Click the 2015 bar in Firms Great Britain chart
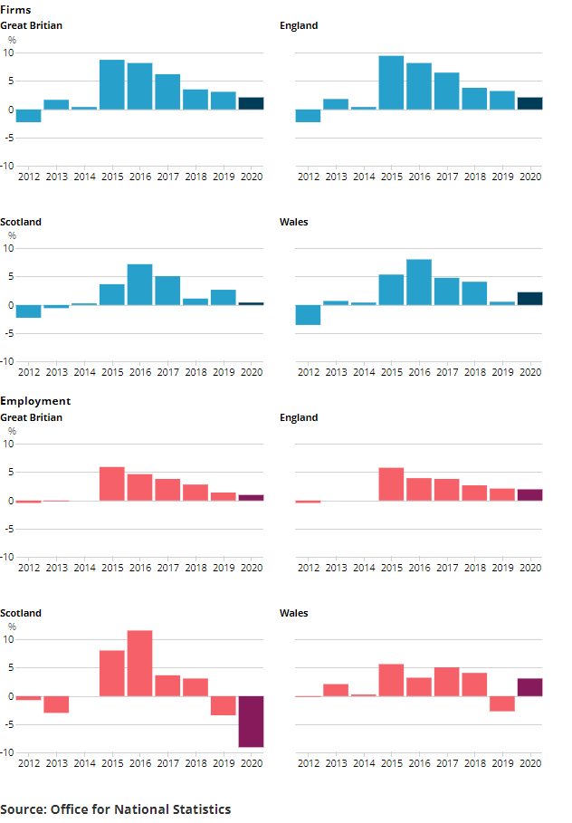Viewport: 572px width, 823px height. (x=111, y=85)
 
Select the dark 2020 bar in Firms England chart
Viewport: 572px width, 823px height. (x=530, y=103)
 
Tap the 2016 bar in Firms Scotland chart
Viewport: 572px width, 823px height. (x=139, y=284)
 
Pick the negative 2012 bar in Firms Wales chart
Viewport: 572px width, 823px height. (x=308, y=315)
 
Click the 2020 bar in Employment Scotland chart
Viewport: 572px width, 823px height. (x=251, y=722)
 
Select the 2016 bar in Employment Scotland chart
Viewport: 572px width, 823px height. (x=139, y=664)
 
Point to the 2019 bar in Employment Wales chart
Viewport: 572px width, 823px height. (x=502, y=703)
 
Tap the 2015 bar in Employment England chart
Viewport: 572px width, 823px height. (x=391, y=484)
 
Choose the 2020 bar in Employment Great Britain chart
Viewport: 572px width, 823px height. (x=251, y=498)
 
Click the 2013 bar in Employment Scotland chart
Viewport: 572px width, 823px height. (x=56, y=704)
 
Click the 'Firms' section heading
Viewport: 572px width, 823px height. (x=15, y=10)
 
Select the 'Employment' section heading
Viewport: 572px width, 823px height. (x=35, y=401)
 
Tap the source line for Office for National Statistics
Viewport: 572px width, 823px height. (x=115, y=809)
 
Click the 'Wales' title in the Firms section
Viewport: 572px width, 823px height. (x=293, y=222)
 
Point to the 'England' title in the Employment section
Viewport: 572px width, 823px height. (x=299, y=417)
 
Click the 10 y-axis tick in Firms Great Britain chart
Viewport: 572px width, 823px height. (x=8, y=53)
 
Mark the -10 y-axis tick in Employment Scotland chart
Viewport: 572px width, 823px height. (x=7, y=752)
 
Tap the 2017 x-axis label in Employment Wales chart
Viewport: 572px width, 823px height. (x=446, y=763)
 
